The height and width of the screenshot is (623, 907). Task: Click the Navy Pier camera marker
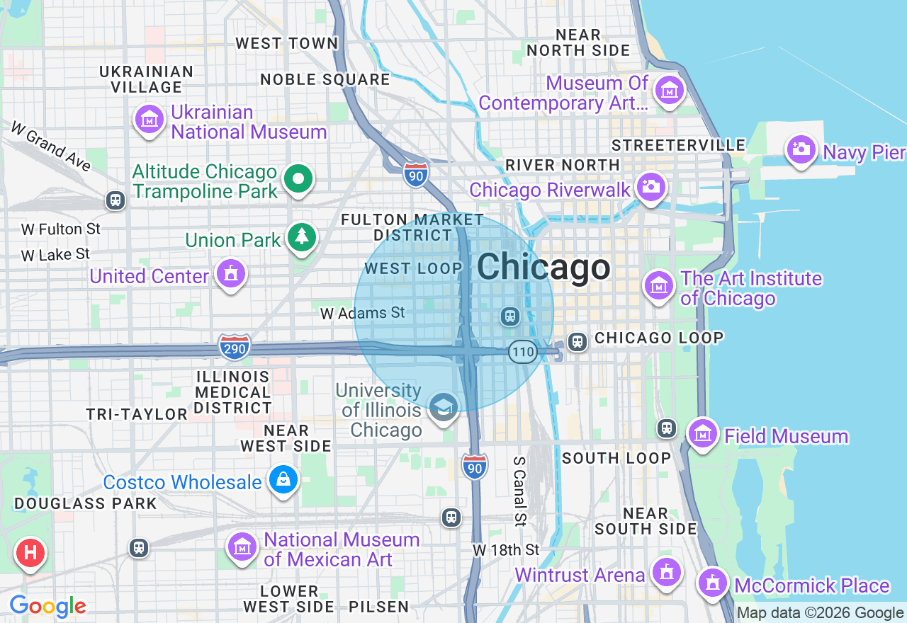(801, 149)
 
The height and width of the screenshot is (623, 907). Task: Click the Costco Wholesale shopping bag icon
(283, 480)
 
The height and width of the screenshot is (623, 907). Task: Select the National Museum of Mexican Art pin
(242, 547)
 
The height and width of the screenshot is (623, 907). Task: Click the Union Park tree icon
(303, 236)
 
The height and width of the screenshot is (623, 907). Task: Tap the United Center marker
(230, 273)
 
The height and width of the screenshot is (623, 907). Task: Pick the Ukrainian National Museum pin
(150, 120)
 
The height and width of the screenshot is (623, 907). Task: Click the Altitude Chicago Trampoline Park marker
(299, 180)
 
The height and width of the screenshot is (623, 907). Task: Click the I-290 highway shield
(234, 347)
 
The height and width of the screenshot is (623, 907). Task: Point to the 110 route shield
(522, 351)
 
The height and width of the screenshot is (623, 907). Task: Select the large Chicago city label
(543, 268)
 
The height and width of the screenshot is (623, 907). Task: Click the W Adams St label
(362, 313)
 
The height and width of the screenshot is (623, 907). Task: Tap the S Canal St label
(520, 491)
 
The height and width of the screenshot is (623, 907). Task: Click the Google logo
(47, 607)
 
